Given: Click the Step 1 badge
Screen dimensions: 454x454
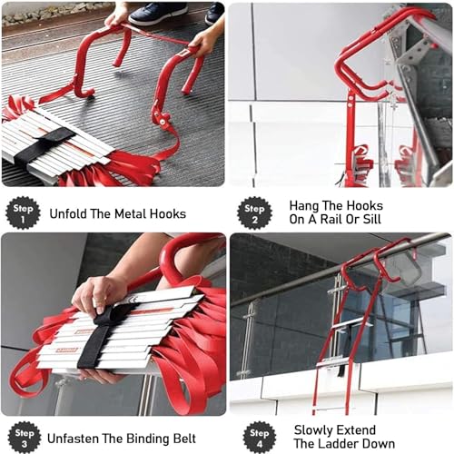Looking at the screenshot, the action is coord(23,213).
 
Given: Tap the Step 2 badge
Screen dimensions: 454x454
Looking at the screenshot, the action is coord(254,213).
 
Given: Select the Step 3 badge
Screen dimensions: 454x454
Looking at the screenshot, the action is coord(25,438).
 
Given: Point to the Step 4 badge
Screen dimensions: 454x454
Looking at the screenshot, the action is coord(260,438).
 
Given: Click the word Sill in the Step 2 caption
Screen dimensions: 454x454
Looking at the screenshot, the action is coord(372,219).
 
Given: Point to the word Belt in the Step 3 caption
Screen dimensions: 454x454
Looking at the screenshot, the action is coord(184,439).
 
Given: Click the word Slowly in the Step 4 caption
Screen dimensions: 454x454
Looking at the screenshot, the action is coord(311,430).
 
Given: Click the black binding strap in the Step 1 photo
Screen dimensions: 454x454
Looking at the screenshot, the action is coord(44,146).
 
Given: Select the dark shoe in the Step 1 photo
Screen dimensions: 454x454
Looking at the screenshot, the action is coord(158,14).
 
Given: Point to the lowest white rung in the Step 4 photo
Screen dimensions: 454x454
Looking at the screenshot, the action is coord(337,360).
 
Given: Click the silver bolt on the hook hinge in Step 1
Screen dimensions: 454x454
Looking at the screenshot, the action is coord(163,122).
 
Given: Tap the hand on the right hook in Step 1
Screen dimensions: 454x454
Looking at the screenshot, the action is coord(203,43).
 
